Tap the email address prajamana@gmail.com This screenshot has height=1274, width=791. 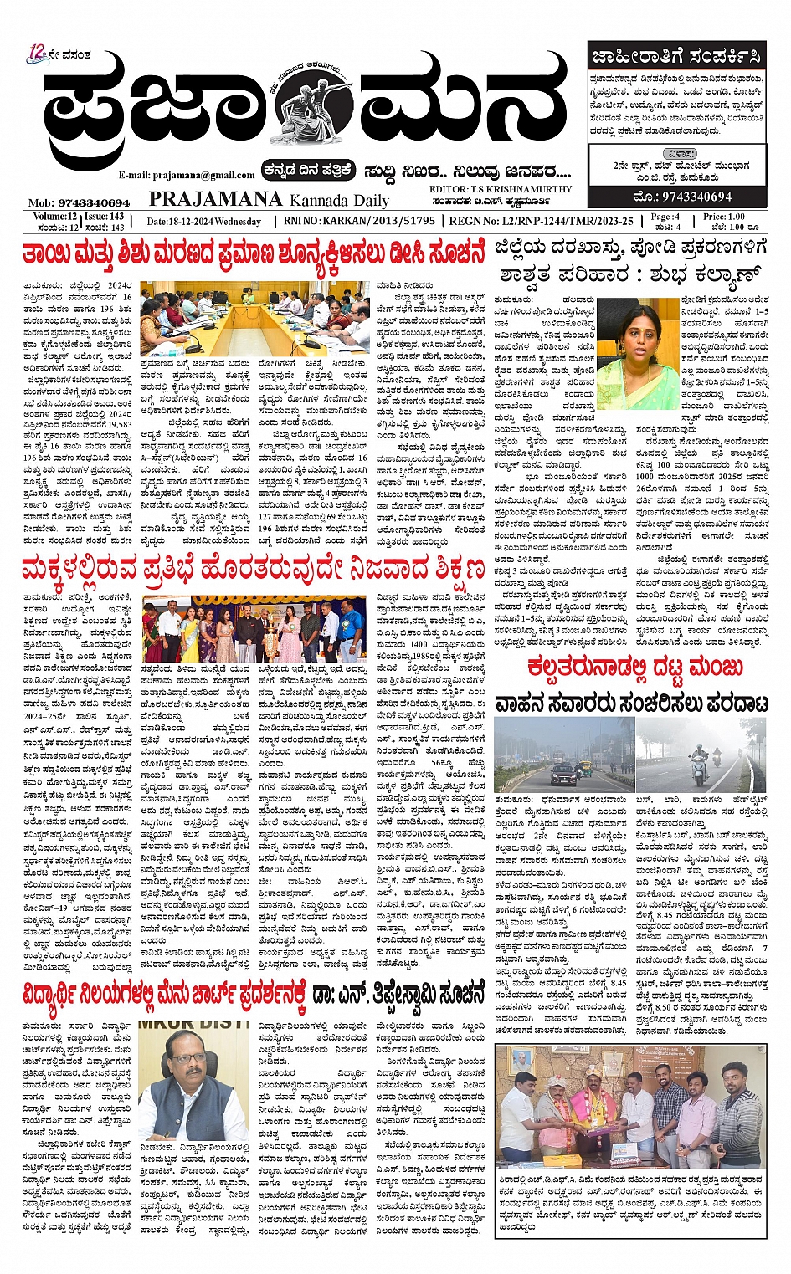pyautogui.click(x=187, y=175)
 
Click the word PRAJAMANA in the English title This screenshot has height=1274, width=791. pyautogui.click(x=215, y=199)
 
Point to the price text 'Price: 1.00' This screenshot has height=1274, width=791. pyautogui.click(x=723, y=217)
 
